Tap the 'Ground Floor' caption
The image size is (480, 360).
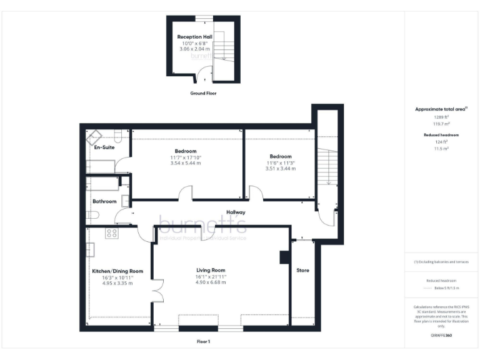[x=203, y=93]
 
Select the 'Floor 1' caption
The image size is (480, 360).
[x=203, y=341]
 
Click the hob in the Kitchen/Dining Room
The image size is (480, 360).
[x=112, y=233]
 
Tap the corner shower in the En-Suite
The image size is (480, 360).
[x=96, y=137]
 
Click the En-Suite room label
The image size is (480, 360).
[x=104, y=148]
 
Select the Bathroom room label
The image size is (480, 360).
[x=104, y=201]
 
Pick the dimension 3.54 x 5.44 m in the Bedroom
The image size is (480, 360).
[x=186, y=163]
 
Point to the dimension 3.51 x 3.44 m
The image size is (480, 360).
[x=281, y=168]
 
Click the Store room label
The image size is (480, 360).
[x=302, y=271]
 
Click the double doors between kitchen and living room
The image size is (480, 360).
[x=158, y=291]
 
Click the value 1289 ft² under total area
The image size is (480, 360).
[x=442, y=117]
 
